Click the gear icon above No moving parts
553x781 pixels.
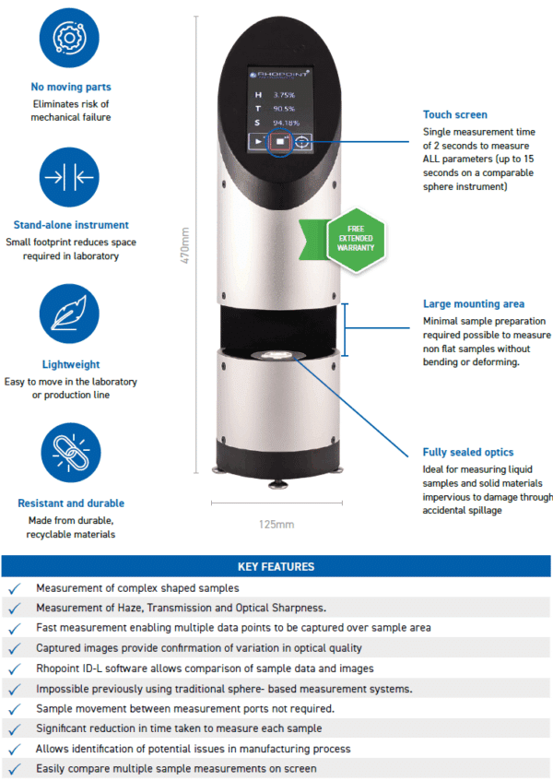[71, 37]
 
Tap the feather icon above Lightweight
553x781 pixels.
[71, 315]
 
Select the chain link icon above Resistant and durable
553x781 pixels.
[71, 455]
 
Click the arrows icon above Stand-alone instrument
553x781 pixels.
[71, 176]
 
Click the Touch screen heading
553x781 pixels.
[454, 115]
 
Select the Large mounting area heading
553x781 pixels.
[473, 303]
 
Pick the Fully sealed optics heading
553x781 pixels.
[467, 453]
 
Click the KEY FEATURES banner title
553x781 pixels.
[276, 566]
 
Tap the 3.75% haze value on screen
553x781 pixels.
[284, 95]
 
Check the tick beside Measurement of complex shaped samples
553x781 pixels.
[14, 587]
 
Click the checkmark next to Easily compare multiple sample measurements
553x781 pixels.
[14, 768]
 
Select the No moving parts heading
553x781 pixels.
[71, 88]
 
